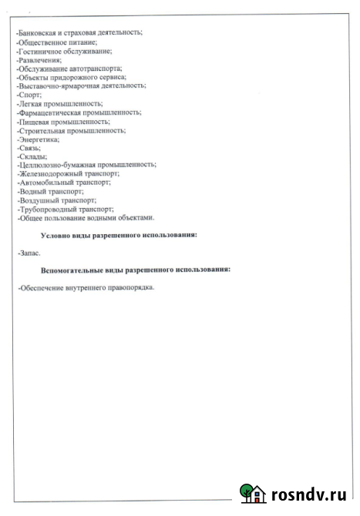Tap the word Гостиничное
click(40, 51)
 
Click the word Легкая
click(32, 103)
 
